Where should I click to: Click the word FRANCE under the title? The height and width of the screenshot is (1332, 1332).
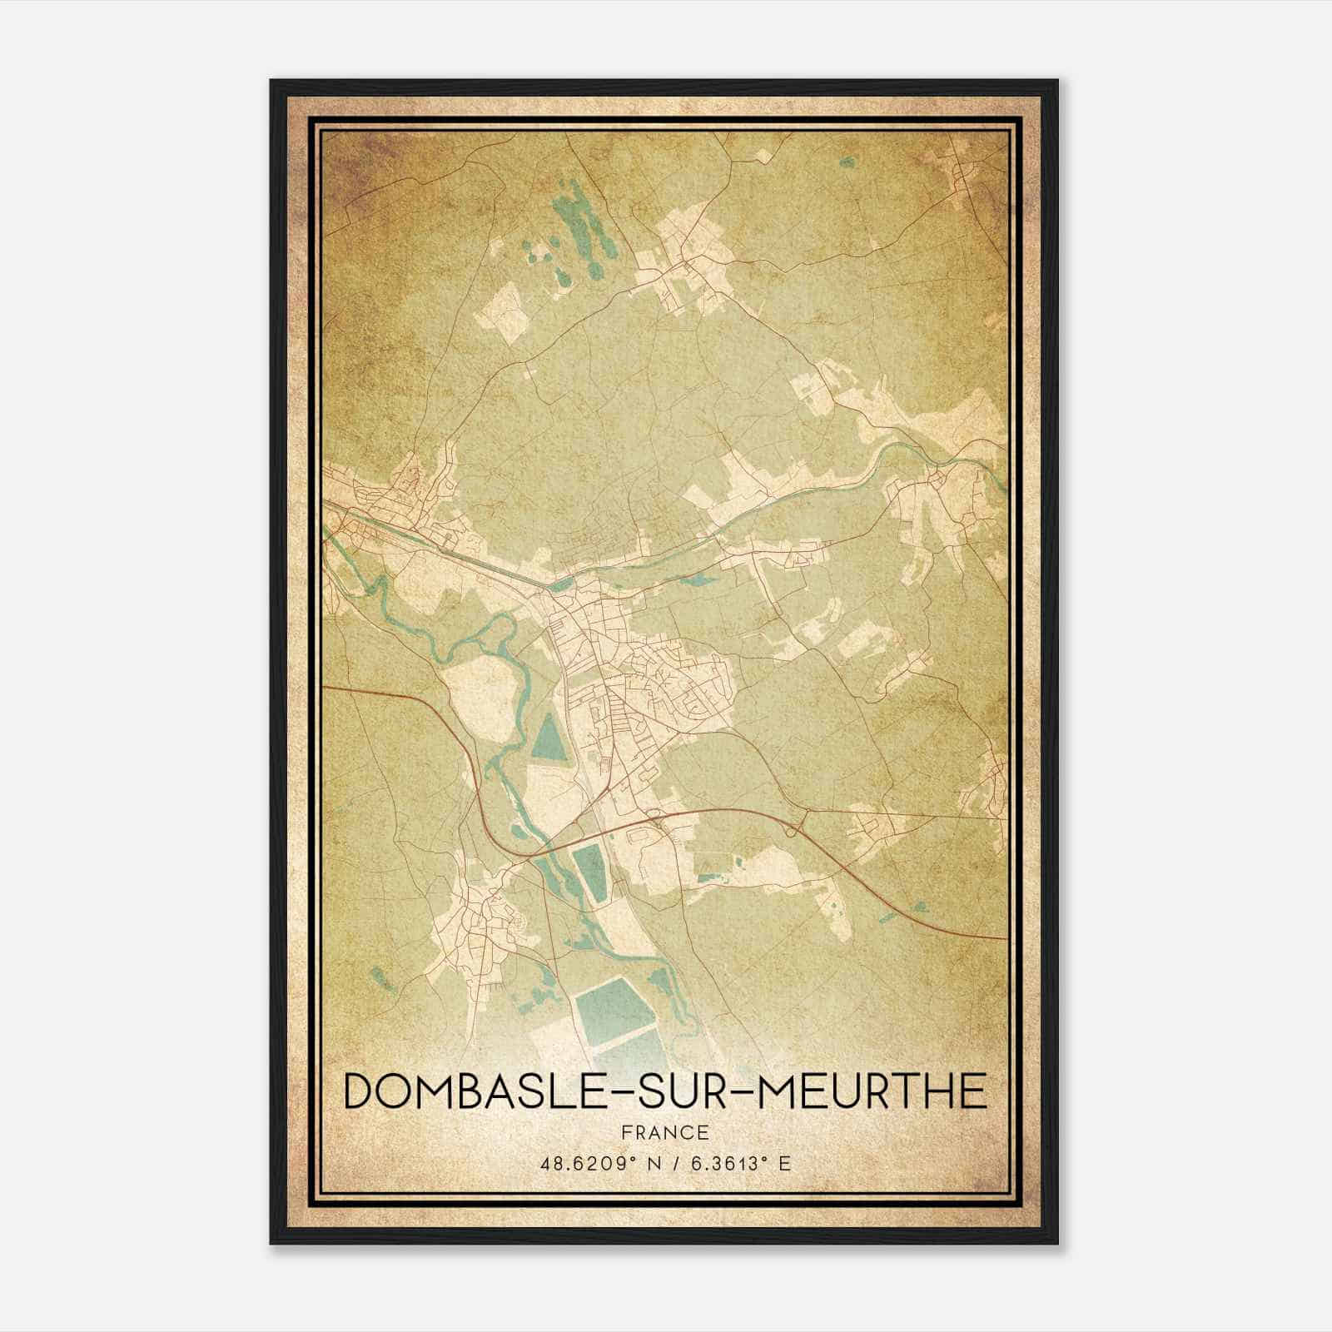click(x=664, y=1132)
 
